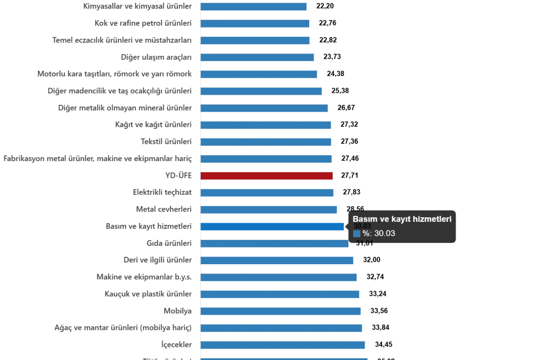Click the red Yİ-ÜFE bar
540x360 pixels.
pyautogui.click(x=267, y=175)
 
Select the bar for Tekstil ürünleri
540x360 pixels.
pyautogui.click(x=265, y=142)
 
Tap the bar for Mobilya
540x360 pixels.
pyautogui.click(x=281, y=311)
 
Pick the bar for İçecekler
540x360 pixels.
pyautogui.click(x=283, y=345)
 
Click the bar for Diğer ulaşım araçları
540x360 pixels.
pyautogui.click(x=257, y=57)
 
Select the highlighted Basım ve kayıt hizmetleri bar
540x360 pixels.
pyautogui.click(x=272, y=226)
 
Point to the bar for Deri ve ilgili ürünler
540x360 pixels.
pyautogui.click(x=278, y=260)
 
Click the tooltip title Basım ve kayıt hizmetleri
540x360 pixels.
pyautogui.click(x=402, y=219)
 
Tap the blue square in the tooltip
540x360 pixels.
pyautogui.click(x=356, y=234)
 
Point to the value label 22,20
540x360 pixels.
pyautogui.click(x=324, y=6)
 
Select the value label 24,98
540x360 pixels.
pyautogui.click(x=335, y=74)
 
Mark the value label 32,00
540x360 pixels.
pyautogui.click(x=371, y=260)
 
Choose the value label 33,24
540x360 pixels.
pyautogui.click(x=378, y=294)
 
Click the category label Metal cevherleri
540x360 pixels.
pyautogui.click(x=164, y=209)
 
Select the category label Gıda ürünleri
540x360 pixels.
pyautogui.click(x=169, y=243)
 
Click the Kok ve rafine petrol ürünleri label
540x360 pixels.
pyautogui.click(x=144, y=23)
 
